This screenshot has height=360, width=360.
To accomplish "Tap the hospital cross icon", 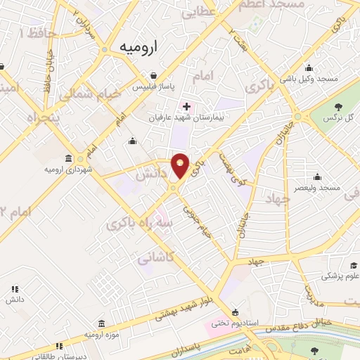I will pyautogui.click(x=186, y=107).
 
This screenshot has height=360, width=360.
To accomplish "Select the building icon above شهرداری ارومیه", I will pyautogui.click(x=68, y=158).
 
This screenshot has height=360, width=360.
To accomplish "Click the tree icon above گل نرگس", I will pyautogui.click(x=339, y=107).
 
